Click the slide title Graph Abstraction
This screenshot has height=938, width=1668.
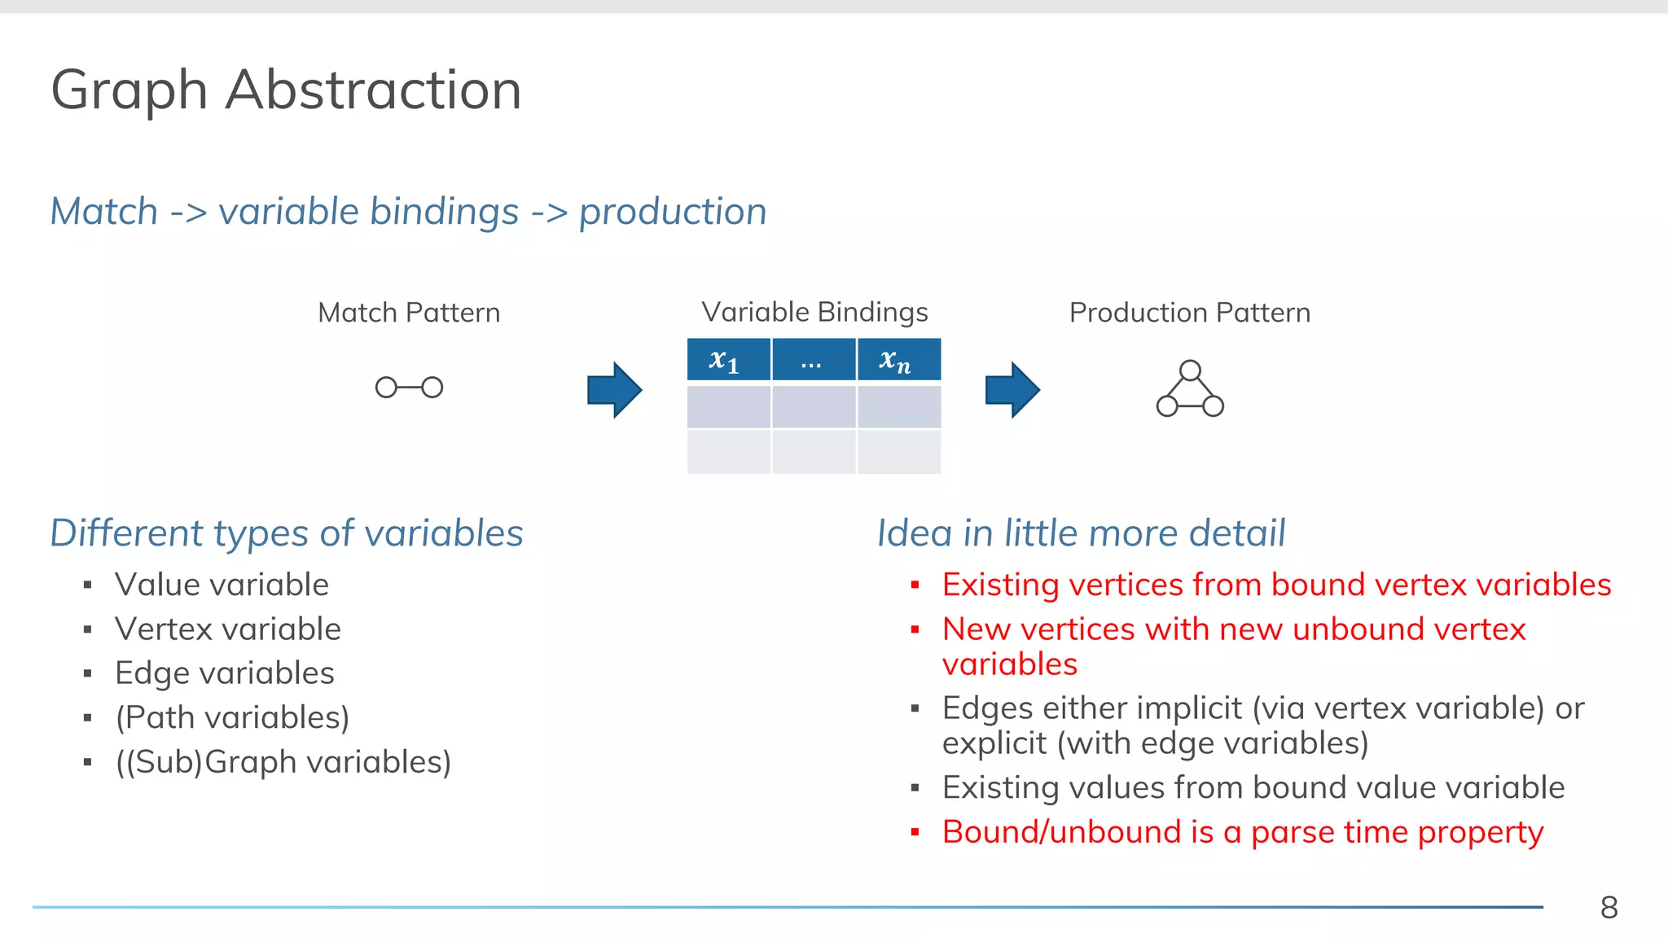pos(286,90)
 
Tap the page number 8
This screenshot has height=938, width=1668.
pos(1609,907)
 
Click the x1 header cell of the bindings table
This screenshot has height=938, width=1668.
pos(728,360)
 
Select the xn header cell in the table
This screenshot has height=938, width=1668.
pos(898,360)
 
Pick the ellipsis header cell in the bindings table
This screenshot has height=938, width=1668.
pos(813,360)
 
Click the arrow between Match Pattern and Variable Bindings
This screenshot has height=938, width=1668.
pos(614,390)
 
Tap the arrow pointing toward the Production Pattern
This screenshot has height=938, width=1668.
pos(1012,390)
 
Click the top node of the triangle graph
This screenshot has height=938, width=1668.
pos(1190,370)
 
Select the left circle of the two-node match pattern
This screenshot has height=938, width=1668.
pos(386,388)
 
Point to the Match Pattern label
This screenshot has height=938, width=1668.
pos(409,313)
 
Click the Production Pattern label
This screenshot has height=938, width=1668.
pos(1189,313)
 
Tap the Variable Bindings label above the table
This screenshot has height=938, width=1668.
pos(814,312)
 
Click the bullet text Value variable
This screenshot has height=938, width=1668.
pos(222,585)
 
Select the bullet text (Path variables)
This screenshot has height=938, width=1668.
pos(232,717)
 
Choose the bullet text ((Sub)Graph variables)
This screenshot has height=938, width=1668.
pos(283,762)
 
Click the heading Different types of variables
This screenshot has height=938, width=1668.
pos(287,533)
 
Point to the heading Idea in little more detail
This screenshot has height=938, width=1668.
pos(1081,533)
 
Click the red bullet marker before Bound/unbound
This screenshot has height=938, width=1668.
pos(915,832)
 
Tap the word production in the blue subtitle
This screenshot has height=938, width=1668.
pos(673,212)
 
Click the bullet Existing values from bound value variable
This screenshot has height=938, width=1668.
pos(1253,787)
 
